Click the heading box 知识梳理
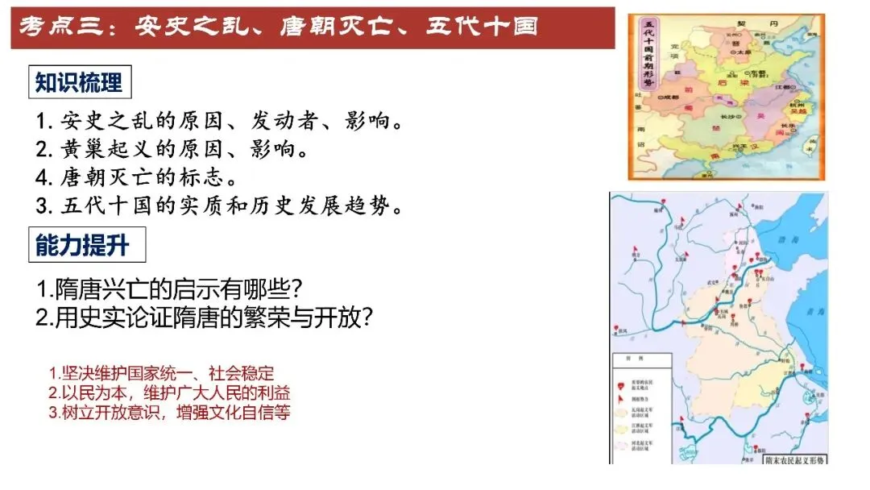[79, 82]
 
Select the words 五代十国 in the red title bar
[490, 27]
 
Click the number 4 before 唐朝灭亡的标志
[42, 177]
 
